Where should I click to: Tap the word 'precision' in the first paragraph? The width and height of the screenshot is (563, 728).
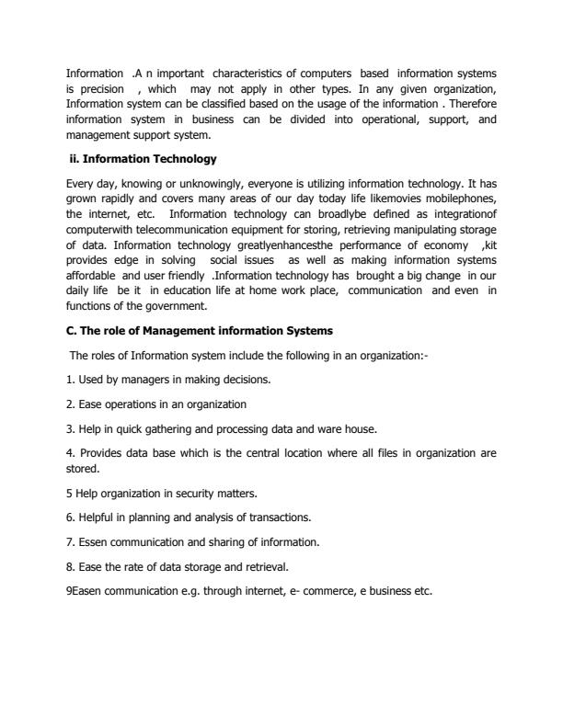point(101,88)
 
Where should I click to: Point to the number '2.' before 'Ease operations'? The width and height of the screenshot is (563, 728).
point(70,404)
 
